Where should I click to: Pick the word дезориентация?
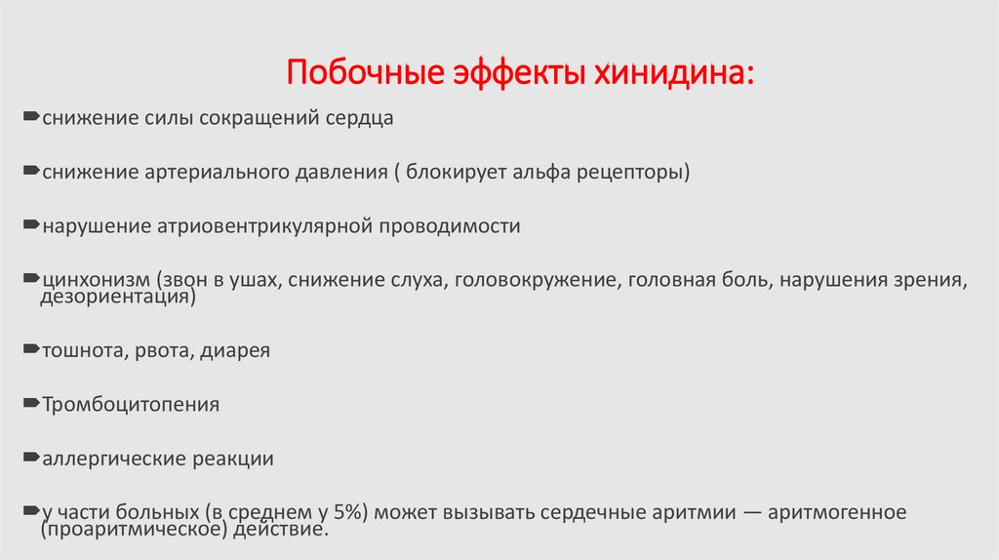pos(116,297)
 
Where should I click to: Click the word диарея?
pos(235,350)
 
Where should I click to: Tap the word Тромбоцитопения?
pos(130,404)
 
